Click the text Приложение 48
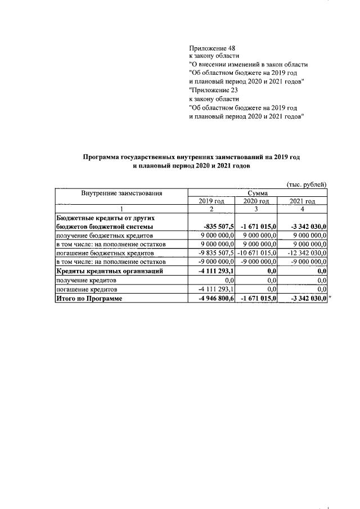coord(211,48)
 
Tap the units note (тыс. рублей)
coord(307,184)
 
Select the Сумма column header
coord(257,193)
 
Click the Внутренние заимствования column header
coord(121,193)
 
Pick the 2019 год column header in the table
coord(211,201)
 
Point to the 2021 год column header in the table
coord(303,201)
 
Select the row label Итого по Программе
coord(88,299)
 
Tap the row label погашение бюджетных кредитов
coord(105,253)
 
